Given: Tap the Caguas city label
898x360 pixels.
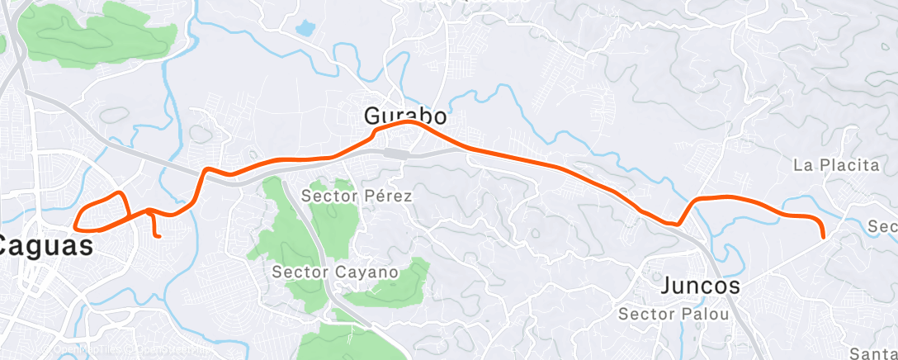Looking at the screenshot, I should click(45, 245).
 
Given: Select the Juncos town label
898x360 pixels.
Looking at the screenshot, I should click(701, 287).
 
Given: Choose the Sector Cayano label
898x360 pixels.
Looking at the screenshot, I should click(336, 271).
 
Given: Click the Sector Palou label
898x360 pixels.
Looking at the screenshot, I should click(673, 314).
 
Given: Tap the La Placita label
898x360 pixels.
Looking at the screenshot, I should click(836, 165).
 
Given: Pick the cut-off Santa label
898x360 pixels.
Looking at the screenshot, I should click(872, 353).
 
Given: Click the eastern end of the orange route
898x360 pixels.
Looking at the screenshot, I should click(824, 237).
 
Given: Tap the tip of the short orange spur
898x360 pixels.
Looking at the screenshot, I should click(158, 236).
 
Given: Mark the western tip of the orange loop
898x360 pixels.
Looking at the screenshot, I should click(75, 226).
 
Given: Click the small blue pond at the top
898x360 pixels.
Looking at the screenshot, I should click(305, 28).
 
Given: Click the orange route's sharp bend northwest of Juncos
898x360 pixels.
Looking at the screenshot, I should click(678, 223).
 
